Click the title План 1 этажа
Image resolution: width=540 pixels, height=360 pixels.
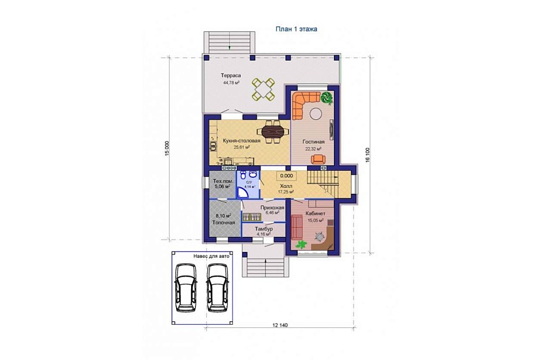[296, 29]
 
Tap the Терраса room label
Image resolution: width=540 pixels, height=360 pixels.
[231, 75]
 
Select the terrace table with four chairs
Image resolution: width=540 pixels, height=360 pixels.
[263, 89]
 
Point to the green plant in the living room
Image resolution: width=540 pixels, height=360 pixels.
[327, 98]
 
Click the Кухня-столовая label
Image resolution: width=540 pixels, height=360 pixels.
[242, 141]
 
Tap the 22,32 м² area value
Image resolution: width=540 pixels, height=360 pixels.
[313, 149]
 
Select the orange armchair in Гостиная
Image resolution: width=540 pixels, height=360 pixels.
[318, 159]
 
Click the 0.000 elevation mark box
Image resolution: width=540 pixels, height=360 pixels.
[286, 175]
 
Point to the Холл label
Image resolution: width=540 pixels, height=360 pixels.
[286, 186]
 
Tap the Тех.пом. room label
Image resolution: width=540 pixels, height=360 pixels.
[223, 181]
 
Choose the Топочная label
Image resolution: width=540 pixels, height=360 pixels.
[223, 223]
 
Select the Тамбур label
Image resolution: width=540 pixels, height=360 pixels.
[264, 228]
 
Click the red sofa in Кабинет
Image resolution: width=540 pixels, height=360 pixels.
[297, 226]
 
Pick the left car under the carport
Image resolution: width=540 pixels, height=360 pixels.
[186, 288]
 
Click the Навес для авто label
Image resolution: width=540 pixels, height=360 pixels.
[211, 257]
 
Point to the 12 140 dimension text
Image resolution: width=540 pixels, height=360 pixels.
[280, 325]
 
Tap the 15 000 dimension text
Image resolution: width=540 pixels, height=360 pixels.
[167, 149]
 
